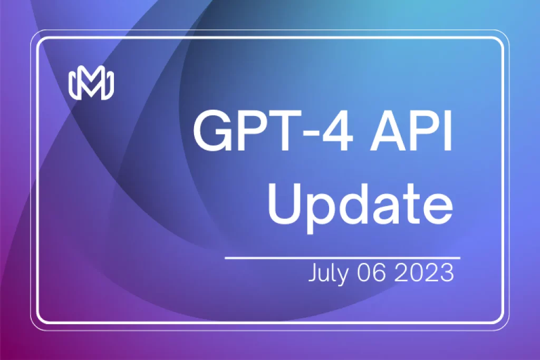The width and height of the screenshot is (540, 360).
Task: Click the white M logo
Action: click(x=91, y=85)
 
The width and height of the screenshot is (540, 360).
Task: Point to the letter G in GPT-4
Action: click(x=210, y=131)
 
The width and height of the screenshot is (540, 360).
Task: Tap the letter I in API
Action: click(x=448, y=131)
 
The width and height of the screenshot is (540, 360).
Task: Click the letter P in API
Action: click(x=424, y=131)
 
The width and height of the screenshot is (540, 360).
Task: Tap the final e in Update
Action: click(x=438, y=209)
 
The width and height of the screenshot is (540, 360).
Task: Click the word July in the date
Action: click(x=328, y=274)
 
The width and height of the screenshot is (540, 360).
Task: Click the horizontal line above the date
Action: click(x=343, y=257)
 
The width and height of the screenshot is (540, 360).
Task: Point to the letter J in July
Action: click(x=313, y=273)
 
